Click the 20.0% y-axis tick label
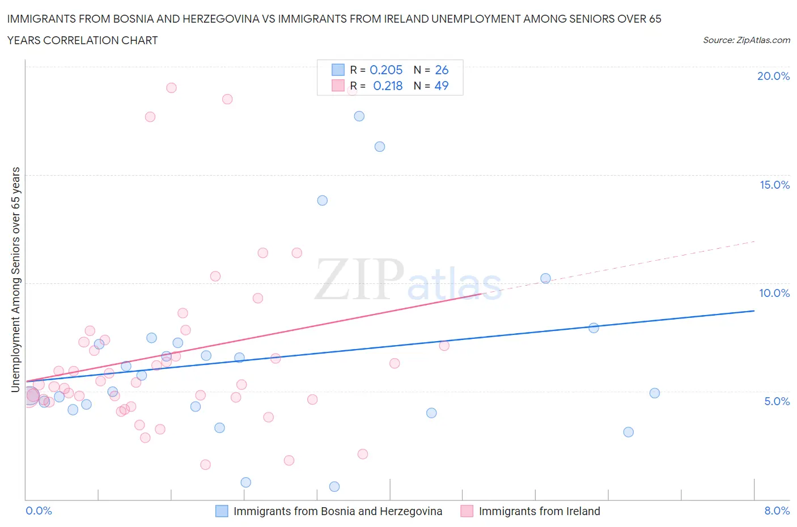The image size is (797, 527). [x=773, y=76]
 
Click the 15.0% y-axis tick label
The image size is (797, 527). [x=774, y=185]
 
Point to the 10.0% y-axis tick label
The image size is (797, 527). [x=774, y=293]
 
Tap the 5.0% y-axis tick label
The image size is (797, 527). [x=777, y=401]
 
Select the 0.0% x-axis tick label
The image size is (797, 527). [x=39, y=511]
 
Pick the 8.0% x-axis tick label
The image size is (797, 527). [x=777, y=511]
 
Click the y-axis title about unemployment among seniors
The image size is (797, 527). [x=16, y=279]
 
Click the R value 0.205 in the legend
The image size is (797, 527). [x=386, y=70]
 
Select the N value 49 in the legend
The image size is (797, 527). [x=442, y=86]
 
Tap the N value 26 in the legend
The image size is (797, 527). [x=442, y=70]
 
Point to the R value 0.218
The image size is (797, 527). [x=388, y=86]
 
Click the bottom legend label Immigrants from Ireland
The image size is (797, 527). [x=539, y=511]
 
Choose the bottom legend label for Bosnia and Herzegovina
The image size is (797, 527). [x=338, y=511]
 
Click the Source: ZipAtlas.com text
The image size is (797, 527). [x=746, y=40]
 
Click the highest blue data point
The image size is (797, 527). [x=359, y=116]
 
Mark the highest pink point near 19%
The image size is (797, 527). [x=171, y=88]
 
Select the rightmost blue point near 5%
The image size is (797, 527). [x=655, y=393]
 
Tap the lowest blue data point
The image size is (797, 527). [x=334, y=487]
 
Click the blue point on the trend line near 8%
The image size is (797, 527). [x=594, y=328]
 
